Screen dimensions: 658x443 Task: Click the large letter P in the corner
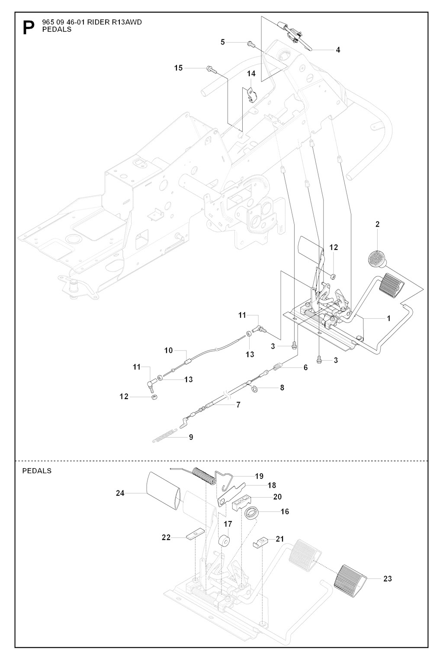click(28, 28)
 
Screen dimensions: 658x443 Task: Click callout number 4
click(338, 50)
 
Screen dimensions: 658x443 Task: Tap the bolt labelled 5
click(250, 43)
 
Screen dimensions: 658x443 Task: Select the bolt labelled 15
click(210, 68)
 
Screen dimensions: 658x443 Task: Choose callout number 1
click(388, 318)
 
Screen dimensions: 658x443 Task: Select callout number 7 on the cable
click(238, 405)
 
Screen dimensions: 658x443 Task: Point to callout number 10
click(168, 350)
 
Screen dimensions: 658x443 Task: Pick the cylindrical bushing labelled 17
click(224, 541)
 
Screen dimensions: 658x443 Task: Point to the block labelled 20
click(242, 504)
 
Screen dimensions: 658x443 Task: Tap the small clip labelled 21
click(259, 542)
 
